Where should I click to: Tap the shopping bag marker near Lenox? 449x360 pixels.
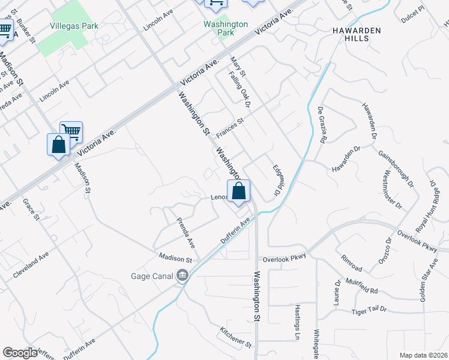point(239,192)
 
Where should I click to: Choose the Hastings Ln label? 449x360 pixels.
point(297,319)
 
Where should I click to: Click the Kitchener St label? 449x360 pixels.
point(235,338)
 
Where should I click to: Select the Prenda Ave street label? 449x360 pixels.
point(185,233)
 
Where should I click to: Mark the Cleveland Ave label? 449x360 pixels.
point(31,265)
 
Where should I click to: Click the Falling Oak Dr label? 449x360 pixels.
point(238,86)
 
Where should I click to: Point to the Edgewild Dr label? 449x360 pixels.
point(277,181)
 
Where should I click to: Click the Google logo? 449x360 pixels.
point(20,353)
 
